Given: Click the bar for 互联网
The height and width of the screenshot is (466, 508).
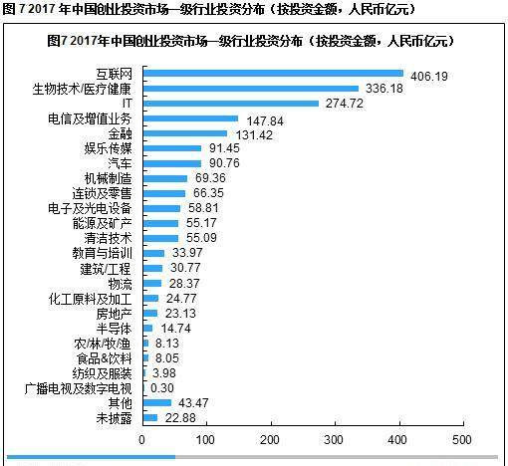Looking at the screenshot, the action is (x=273, y=74).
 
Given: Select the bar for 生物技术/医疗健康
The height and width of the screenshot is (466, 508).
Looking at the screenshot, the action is (x=251, y=89).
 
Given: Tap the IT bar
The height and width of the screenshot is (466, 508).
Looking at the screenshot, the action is (x=231, y=104).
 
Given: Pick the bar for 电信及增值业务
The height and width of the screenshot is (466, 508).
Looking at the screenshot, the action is (x=190, y=118).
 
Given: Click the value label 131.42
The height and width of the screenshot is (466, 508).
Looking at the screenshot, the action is (x=254, y=135).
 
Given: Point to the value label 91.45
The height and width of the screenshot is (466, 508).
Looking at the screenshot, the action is (x=224, y=148).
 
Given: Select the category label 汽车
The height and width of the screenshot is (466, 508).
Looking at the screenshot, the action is (x=120, y=163).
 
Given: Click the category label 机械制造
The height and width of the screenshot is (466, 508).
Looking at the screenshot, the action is (x=108, y=178).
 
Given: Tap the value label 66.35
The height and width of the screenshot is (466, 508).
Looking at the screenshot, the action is (x=208, y=193).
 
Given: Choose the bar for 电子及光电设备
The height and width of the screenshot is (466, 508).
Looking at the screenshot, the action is (x=161, y=208).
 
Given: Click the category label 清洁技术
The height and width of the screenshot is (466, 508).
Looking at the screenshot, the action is (x=108, y=238).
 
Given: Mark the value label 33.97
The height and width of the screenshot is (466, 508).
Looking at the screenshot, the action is (x=187, y=253).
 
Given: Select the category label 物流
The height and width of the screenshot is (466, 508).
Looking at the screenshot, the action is (x=120, y=284).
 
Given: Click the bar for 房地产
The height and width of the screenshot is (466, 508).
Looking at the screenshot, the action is (x=150, y=313).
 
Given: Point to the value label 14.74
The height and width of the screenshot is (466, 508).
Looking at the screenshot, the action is (x=176, y=329).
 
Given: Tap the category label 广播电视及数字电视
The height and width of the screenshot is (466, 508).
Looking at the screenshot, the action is (x=78, y=388).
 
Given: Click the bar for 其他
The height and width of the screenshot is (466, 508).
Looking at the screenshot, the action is (x=157, y=403).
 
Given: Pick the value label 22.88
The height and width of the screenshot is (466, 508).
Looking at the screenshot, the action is (x=180, y=418).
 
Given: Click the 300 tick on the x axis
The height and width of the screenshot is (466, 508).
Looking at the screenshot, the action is (x=336, y=422).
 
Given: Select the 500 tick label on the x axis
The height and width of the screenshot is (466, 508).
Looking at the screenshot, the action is (x=462, y=440).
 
